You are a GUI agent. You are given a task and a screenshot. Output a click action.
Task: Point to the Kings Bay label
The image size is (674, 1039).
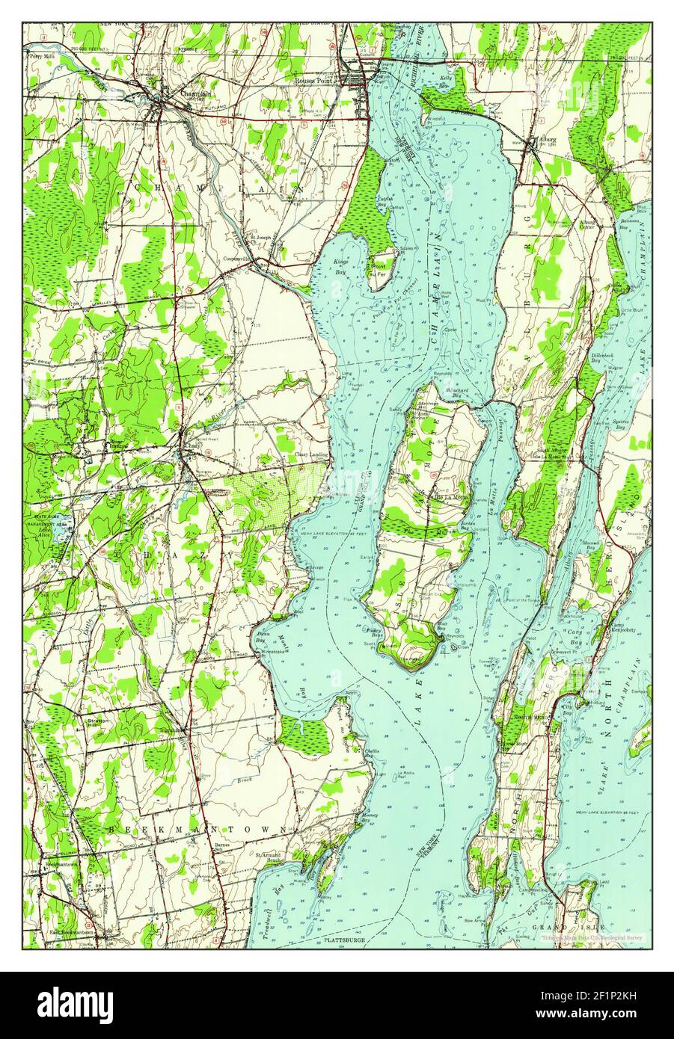coord(341,267)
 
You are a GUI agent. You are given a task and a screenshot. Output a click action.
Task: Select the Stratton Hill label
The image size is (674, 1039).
coord(99,724)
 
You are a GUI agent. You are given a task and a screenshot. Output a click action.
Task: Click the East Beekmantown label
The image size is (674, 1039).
coord(76,932)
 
